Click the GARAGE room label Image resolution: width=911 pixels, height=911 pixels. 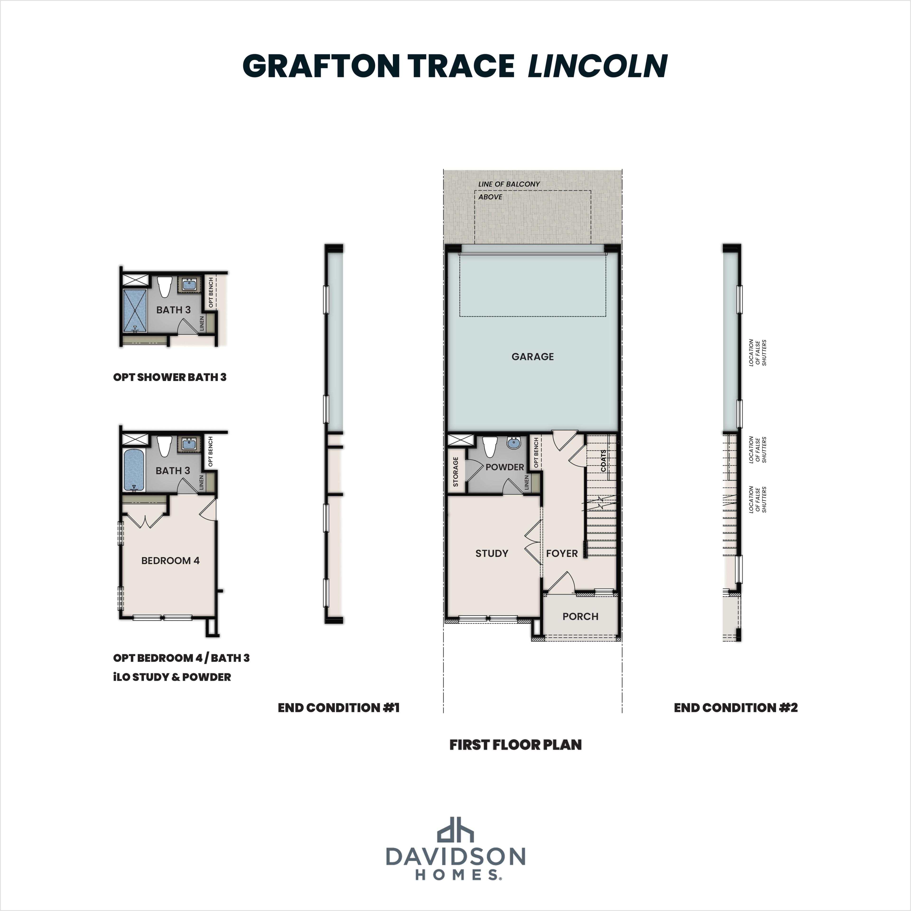532,357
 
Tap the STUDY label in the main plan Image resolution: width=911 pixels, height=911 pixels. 491,553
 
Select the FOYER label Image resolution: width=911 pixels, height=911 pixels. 562,553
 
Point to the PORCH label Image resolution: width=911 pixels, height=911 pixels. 580,616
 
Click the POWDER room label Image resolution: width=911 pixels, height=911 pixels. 505,467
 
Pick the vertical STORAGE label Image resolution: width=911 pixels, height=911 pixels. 455,472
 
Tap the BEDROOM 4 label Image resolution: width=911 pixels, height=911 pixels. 170,560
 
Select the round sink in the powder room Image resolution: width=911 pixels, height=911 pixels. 513,443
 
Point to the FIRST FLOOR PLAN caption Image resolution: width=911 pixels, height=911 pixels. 515,744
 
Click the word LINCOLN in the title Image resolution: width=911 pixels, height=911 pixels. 597,66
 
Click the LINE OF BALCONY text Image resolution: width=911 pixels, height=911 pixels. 509,184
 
